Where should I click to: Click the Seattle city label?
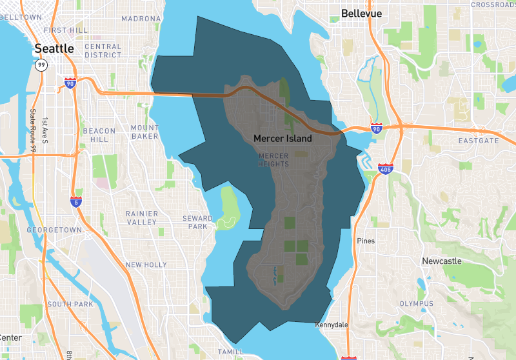pos(54,48)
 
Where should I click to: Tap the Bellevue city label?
pos(361,13)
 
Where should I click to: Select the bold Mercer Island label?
pos(283,138)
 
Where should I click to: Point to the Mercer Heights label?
pos(273,160)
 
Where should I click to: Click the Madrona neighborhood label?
pos(140,19)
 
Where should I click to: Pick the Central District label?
pos(103,50)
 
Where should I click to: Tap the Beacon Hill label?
pos(99,135)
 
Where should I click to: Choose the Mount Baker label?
pos(144,132)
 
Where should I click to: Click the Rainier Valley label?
pos(141,217)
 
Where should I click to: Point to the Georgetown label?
pos(54,230)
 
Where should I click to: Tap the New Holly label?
pos(146,265)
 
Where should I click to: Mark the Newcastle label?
pos(442,261)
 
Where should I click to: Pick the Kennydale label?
pos(331,325)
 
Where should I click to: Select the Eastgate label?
pos(479,140)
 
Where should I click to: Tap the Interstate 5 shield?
pos(75,201)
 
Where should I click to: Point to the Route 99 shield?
pos(41,65)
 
